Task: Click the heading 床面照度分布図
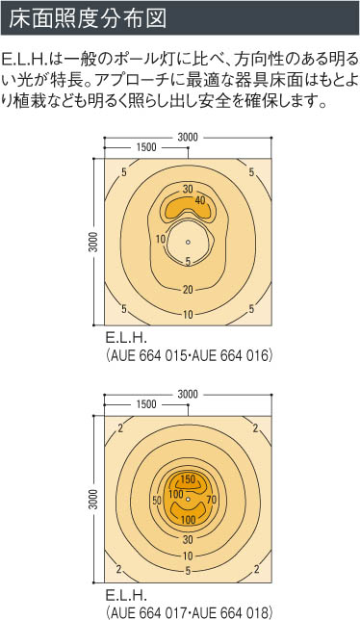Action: pyautogui.click(x=88, y=18)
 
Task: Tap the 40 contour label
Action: pyautogui.click(x=200, y=200)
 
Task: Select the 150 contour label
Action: pyautogui.click(x=188, y=479)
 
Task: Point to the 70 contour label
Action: pyautogui.click(x=212, y=500)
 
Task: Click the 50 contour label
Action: pyautogui.click(x=157, y=501)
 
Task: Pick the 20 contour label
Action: pyautogui.click(x=188, y=290)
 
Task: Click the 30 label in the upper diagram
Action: pyautogui.click(x=188, y=189)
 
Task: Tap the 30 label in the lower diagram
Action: pyautogui.click(x=188, y=539)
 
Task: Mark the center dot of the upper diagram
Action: pyautogui.click(x=188, y=242)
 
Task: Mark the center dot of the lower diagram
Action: pyautogui.click(x=188, y=499)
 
